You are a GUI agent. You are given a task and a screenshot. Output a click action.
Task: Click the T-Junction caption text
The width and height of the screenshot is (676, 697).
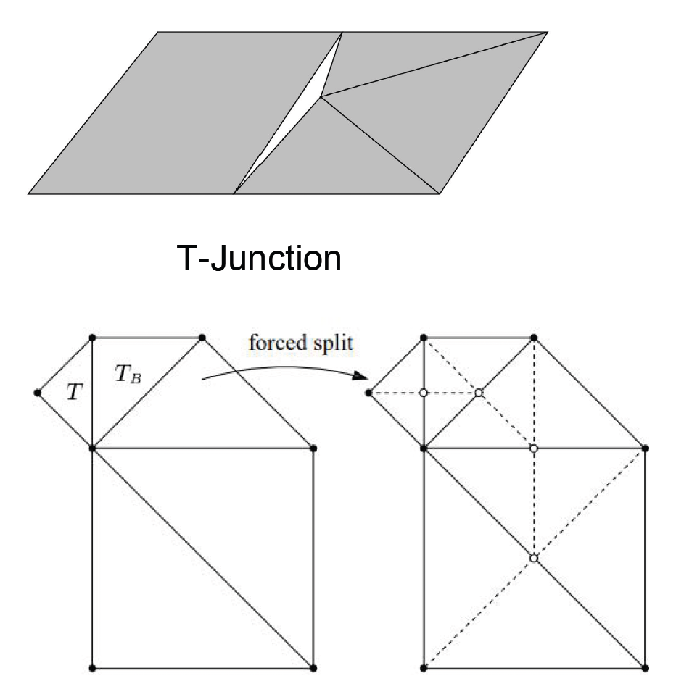click(x=259, y=257)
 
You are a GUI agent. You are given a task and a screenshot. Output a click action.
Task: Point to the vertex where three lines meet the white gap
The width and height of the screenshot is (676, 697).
click(x=321, y=96)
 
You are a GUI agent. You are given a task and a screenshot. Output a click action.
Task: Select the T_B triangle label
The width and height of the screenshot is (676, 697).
click(x=125, y=374)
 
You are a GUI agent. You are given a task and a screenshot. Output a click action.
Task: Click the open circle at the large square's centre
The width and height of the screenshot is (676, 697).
click(x=534, y=559)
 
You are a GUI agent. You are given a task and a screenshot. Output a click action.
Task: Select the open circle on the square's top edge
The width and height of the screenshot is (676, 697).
click(x=534, y=448)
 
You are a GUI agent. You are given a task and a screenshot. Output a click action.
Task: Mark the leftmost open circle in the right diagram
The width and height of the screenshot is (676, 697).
click(x=423, y=393)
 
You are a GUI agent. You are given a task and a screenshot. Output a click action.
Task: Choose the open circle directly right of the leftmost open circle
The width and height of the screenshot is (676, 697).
click(x=479, y=393)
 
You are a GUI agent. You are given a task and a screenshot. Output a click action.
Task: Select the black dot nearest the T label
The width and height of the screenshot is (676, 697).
click(x=37, y=393)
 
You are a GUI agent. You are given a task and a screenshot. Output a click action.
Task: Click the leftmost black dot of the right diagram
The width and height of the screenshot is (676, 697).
click(x=368, y=393)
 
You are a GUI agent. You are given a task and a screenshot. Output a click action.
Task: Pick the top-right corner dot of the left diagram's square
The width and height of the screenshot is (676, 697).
click(x=313, y=448)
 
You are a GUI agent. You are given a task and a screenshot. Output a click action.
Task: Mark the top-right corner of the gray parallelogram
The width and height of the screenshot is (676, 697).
click(x=545, y=32)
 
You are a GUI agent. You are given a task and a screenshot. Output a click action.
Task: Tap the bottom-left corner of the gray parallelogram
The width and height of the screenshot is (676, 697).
click(x=29, y=193)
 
